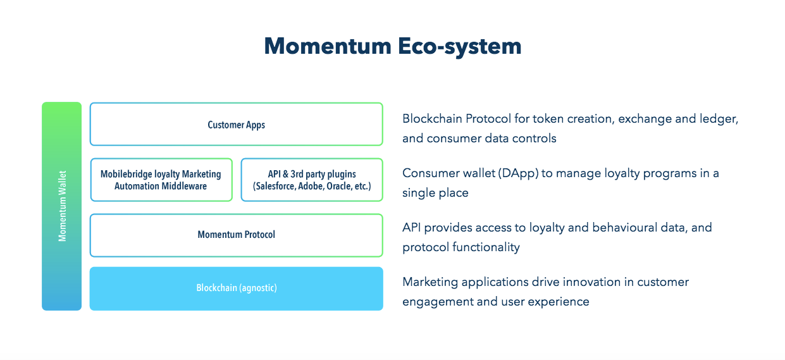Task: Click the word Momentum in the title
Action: [x=328, y=46]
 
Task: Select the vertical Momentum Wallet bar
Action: [x=62, y=206]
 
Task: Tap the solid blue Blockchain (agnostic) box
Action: [x=236, y=289]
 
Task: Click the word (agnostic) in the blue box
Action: [x=258, y=288]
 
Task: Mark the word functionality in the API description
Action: [x=486, y=247]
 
